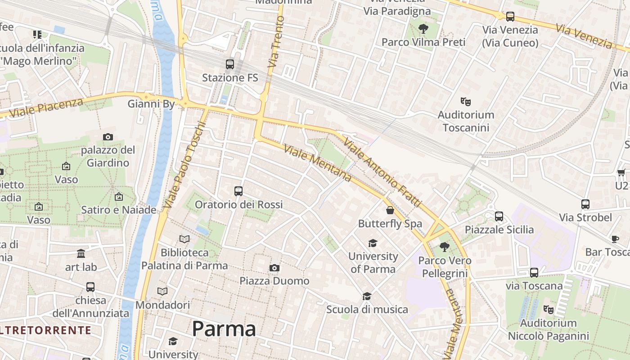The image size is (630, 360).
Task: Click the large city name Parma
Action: [x=224, y=329]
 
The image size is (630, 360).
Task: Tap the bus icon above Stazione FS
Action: [x=230, y=64]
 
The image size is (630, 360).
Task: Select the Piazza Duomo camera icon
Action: [x=274, y=268]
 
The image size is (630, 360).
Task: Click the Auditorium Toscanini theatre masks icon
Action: [x=465, y=102]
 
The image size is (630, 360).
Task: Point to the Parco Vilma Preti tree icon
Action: [x=423, y=29]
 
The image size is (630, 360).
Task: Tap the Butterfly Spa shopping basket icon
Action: [x=390, y=210]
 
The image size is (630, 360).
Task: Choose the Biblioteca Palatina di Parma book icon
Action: [x=184, y=239]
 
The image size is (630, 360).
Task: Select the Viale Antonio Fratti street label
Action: [x=382, y=173]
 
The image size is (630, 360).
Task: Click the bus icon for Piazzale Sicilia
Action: [x=499, y=216]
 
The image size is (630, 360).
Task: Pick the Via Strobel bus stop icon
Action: [x=585, y=204]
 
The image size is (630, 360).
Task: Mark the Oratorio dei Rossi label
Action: [x=238, y=205]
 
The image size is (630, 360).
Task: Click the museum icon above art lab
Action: [x=81, y=254]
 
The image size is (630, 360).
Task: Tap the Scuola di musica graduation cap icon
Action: [x=367, y=296]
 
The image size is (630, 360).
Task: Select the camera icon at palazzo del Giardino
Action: [x=108, y=137]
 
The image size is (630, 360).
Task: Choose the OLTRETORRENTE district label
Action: [x=45, y=330]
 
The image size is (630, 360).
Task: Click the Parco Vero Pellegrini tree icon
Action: [x=444, y=247]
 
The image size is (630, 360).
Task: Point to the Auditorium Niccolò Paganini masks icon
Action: [x=548, y=310]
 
